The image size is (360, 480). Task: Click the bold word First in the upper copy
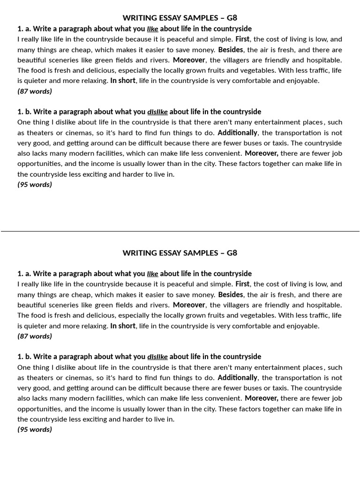tap(242, 39)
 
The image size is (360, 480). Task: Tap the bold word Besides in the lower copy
tap(231, 295)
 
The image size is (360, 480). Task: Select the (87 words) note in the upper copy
tap(35, 91)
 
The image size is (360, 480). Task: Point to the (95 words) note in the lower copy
tap(35, 429)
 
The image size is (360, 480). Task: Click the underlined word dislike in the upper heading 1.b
tap(157, 112)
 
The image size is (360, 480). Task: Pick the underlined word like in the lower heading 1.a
tap(152, 274)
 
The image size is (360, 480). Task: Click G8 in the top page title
tap(232, 18)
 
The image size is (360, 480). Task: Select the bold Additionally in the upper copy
tap(237, 133)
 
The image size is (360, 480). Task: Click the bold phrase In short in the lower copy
tap(123, 326)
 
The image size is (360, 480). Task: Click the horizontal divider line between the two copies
tap(180, 231)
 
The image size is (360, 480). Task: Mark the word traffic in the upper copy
tap(317, 70)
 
